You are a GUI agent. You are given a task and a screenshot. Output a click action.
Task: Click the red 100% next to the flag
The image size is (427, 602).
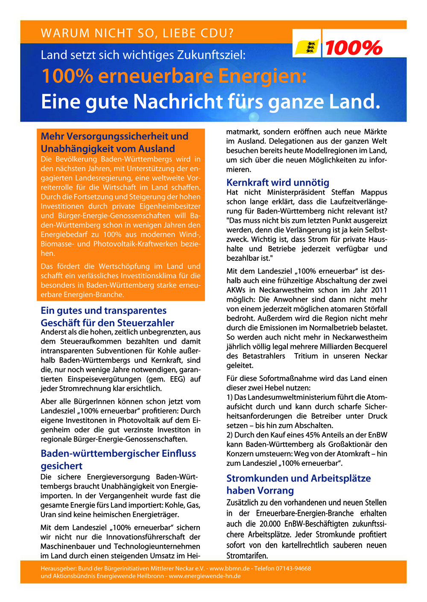click(354, 48)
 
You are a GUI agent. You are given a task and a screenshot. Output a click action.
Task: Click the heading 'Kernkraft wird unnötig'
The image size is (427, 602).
click(278, 182)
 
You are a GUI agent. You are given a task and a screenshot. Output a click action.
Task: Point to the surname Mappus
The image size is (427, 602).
click(374, 192)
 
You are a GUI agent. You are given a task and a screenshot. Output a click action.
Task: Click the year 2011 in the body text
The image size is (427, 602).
click(378, 290)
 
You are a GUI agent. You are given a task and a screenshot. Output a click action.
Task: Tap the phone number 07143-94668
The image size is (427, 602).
click(292, 568)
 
